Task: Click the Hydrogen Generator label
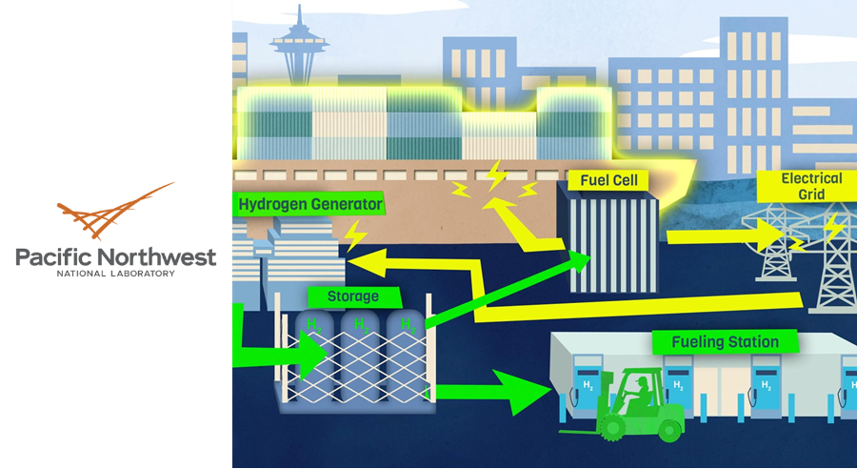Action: [x=310, y=204]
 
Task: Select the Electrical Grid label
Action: [x=811, y=186]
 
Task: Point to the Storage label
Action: [x=352, y=296]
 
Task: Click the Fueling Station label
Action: [x=725, y=341]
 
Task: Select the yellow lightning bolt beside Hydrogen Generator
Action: [x=356, y=234]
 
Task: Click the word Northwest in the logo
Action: [x=155, y=256]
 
